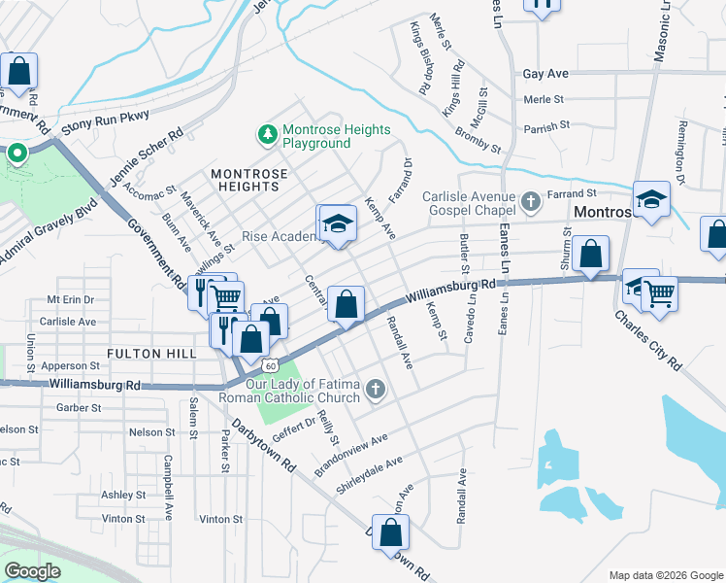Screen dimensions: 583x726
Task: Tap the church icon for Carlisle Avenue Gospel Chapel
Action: pyautogui.click(x=530, y=201)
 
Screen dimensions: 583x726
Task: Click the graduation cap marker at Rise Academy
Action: pyautogui.click(x=337, y=224)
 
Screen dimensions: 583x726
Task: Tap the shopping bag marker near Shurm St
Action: pyautogui.click(x=590, y=255)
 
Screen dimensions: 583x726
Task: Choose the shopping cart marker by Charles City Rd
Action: pyautogui.click(x=659, y=291)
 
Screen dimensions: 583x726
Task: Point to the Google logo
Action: pyautogui.click(x=33, y=570)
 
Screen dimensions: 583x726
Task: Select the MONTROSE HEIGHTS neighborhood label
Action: pyautogui.click(x=250, y=180)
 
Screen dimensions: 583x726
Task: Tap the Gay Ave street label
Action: pyautogui.click(x=544, y=74)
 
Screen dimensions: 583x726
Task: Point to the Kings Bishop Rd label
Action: pyautogui.click(x=420, y=57)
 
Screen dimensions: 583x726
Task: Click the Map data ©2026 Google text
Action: pyautogui.click(x=666, y=575)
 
